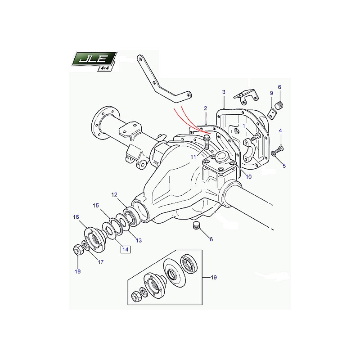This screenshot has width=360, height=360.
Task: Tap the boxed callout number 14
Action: click(125, 249)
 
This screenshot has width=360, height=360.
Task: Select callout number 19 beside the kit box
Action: click(213, 278)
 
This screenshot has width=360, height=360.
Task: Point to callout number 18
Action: click(78, 271)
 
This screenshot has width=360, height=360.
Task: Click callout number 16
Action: click(76, 217)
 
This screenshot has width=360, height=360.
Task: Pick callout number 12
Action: click(114, 194)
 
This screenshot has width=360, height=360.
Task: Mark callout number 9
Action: click(271, 93)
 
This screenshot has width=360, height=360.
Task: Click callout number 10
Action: click(248, 176)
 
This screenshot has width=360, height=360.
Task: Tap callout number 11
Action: click(193, 157)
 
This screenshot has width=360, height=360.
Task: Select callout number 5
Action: click(284, 166)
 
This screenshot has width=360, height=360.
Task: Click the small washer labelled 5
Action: click(273, 155)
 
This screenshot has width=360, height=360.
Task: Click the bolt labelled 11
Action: click(207, 141)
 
